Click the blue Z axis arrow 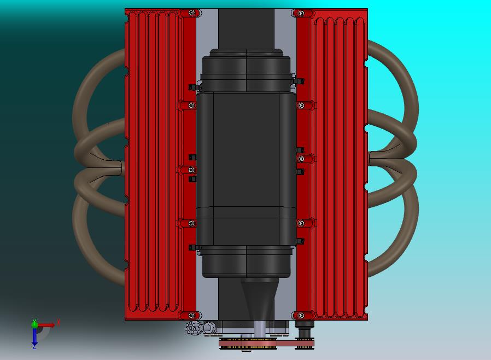[34, 336]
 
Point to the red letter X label [58, 322]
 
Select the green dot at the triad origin [34, 324]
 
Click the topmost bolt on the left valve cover [191, 13]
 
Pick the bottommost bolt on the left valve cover [191, 316]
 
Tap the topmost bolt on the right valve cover [301, 13]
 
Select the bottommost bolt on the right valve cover [301, 316]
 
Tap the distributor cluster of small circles [192, 328]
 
